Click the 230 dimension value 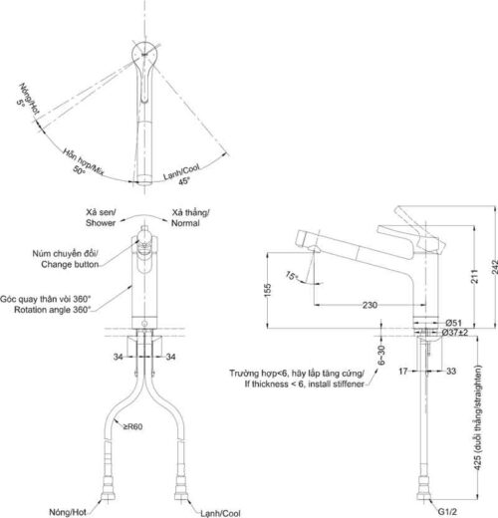[370, 305]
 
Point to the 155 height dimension [268, 290]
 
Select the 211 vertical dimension [475, 276]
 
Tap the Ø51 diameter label [453, 323]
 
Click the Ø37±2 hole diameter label [454, 332]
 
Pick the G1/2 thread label [447, 512]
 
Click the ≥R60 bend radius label [132, 426]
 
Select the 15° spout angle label [292, 276]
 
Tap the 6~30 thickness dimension [381, 355]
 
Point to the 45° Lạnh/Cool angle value [184, 181]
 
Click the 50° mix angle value [79, 170]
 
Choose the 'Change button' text [70, 264]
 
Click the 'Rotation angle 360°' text [52, 310]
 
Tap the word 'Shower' [101, 223]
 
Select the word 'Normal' [185, 223]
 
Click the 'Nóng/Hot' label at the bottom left [68, 512]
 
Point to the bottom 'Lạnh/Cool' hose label [220, 513]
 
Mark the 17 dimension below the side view [403, 371]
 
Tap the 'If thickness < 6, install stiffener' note [304, 384]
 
